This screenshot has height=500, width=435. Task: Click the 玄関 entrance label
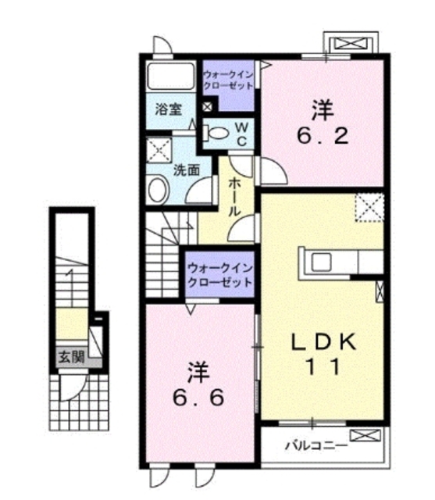coord(70,358)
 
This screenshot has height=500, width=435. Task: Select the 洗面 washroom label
coord(184,168)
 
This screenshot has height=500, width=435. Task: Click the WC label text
coord(242,134)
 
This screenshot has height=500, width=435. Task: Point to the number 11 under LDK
coord(323,366)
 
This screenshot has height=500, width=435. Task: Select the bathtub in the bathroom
coord(171,76)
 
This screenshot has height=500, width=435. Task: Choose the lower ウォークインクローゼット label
coord(219,274)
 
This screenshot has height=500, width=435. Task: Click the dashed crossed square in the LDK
coord(368,206)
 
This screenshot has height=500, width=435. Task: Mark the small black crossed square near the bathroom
coord(207,106)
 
